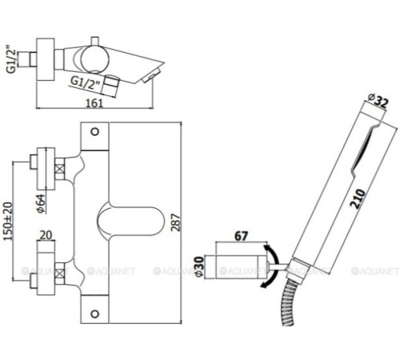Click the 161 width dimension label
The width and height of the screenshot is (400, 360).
[94, 103]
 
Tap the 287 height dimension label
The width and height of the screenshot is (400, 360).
[176, 222]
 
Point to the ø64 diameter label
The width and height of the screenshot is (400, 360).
[41, 203]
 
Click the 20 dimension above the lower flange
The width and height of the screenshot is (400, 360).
[46, 235]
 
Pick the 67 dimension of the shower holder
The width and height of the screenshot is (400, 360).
[241, 236]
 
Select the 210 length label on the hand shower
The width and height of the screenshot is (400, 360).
[358, 198]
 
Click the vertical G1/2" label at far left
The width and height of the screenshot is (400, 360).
[11, 62]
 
